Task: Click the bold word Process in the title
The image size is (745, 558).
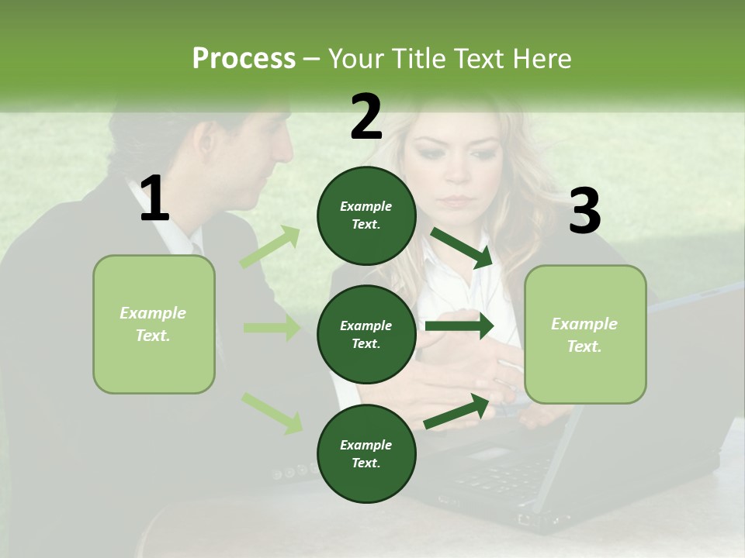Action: point(244,58)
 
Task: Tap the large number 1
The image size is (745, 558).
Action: point(154,199)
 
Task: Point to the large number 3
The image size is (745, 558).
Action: point(584,212)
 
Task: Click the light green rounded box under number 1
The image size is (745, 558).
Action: point(154,324)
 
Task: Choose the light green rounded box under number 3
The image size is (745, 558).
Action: point(585,334)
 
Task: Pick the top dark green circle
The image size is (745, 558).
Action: point(366,215)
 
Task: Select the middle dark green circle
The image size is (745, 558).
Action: point(366,334)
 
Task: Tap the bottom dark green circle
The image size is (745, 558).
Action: point(366,453)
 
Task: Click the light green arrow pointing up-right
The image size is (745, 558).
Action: point(270,247)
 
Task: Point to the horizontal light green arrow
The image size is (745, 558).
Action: point(272,328)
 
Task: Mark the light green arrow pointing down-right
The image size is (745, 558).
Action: point(272,412)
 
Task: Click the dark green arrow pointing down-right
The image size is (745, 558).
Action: point(462,248)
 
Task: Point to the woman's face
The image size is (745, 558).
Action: point(458,170)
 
